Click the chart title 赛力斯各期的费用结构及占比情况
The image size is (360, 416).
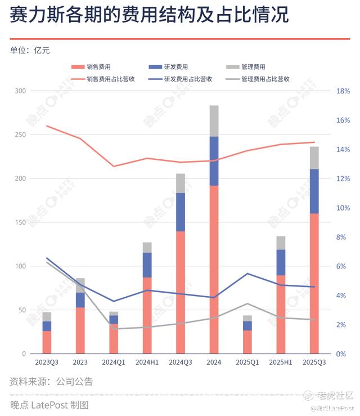(x=149, y=15)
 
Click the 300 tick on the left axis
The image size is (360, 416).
(x=20, y=91)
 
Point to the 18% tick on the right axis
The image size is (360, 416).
(x=343, y=91)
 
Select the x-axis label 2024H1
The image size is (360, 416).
(x=147, y=361)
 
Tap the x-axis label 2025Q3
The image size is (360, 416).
(x=314, y=361)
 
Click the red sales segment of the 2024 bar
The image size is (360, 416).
(x=214, y=270)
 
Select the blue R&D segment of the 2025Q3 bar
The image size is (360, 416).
(x=314, y=191)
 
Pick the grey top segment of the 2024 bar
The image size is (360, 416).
(x=214, y=121)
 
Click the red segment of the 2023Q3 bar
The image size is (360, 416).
(x=47, y=342)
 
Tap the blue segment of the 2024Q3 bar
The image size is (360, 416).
(x=181, y=212)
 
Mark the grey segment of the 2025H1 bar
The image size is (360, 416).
(x=281, y=243)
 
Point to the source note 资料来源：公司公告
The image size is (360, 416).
(x=51, y=382)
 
